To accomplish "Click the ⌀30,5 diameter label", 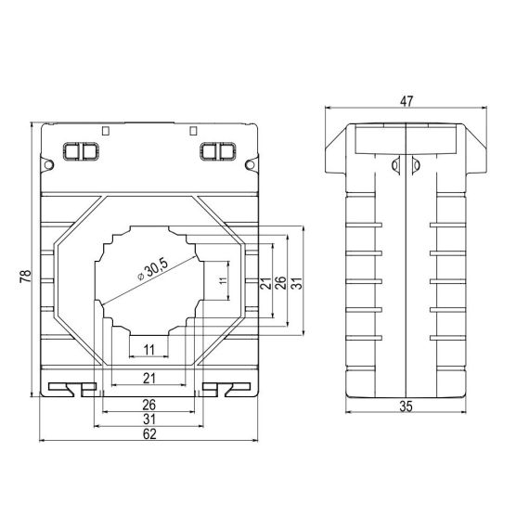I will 151,270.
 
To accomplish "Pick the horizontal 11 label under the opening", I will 148,349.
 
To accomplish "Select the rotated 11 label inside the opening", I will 222,281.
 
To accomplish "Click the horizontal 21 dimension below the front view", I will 148,376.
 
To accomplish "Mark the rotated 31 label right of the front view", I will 297,281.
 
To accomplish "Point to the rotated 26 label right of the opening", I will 280,281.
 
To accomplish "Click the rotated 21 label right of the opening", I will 264,281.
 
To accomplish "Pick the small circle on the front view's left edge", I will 43,164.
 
